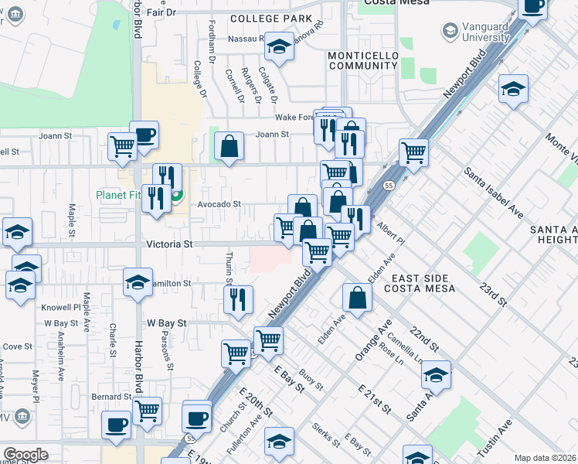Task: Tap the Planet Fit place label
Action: tap(118, 195)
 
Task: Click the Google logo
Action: tap(25, 455)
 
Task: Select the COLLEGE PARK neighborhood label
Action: tap(270, 19)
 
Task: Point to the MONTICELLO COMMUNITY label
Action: tap(362, 61)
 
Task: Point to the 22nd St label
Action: tap(424, 336)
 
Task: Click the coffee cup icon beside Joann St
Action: tap(144, 135)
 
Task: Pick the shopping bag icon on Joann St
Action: tap(229, 146)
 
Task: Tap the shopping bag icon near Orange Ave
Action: tap(357, 299)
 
